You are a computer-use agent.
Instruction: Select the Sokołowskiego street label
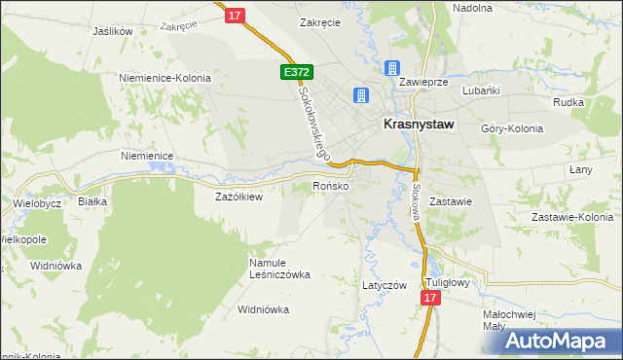point(314,121)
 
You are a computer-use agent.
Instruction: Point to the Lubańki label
point(481,90)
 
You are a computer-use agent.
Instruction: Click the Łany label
point(580,169)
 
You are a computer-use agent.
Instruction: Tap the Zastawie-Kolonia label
point(570,217)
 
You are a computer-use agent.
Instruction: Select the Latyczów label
point(384,285)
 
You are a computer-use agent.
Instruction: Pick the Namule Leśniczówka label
point(280,269)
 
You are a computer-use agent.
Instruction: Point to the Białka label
point(92,201)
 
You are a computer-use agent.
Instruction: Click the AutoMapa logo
point(561,341)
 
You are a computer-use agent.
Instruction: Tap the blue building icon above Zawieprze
point(392,67)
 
